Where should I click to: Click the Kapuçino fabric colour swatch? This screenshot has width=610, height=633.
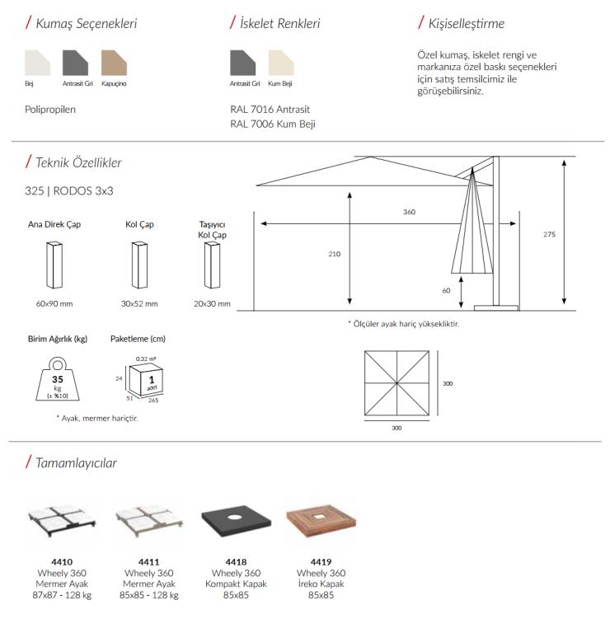114,63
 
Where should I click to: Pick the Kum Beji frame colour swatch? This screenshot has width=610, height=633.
281,63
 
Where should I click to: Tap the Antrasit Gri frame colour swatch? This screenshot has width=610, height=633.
242,63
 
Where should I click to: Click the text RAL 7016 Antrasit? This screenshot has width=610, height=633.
270,110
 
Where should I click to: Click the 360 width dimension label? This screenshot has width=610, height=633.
409,212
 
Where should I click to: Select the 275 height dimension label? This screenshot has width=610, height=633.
550,234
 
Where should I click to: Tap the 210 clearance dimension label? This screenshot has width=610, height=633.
334,254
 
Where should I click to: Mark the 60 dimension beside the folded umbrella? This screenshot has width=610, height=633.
445,291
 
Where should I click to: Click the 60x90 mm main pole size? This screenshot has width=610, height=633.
54,304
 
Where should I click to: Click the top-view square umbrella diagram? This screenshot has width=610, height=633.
397,384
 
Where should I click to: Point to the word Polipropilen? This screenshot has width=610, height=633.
50,109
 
